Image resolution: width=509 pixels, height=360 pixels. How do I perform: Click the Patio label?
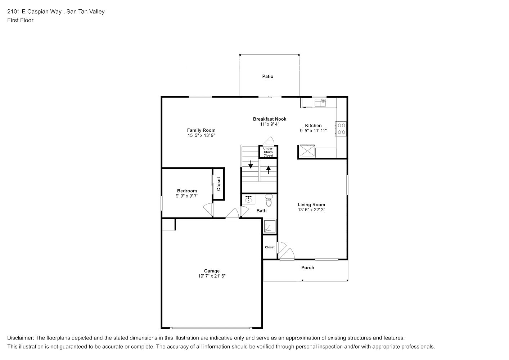click(268, 76)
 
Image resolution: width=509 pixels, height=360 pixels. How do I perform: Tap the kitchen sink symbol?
click(320, 103)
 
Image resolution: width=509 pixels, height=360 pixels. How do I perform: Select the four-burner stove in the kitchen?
click(341, 129)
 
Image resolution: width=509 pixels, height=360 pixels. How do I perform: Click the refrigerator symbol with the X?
click(307, 150)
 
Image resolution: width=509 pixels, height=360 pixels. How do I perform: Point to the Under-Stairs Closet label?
click(269, 152)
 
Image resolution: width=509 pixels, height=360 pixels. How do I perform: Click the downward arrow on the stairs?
click(251, 165)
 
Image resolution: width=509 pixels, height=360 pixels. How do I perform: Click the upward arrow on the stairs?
click(269, 170)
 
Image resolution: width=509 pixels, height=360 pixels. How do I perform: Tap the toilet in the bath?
click(269, 200)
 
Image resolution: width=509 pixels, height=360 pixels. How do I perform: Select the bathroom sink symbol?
click(248, 199)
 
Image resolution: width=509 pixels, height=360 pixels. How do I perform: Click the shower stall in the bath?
click(270, 226)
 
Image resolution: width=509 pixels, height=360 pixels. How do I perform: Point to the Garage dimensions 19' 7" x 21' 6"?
click(212, 276)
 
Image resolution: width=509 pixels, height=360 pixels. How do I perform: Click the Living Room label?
click(311, 204)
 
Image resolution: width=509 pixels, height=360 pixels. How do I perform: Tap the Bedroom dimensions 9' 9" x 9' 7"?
click(187, 196)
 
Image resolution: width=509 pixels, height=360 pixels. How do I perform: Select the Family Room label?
click(201, 130)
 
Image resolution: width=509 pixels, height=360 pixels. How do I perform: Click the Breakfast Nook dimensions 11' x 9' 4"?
click(270, 124)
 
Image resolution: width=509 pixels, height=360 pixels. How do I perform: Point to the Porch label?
click(308, 267)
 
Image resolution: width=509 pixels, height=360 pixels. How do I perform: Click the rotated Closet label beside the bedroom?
click(219, 184)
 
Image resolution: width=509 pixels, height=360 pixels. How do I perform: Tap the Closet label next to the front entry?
click(270, 247)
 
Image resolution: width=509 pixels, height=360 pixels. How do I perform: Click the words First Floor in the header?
click(20, 20)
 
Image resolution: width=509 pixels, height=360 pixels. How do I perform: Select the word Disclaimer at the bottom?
click(21, 338)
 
